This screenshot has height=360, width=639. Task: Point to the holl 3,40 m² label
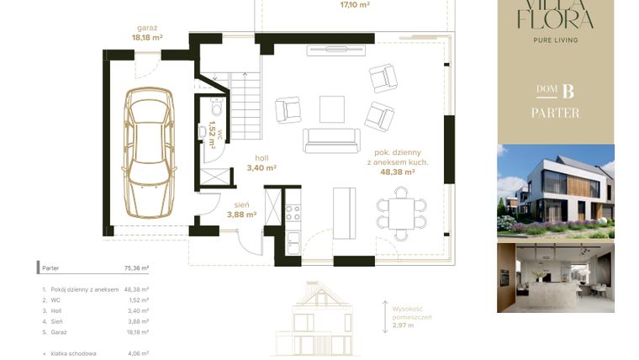pyautogui.click(x=261, y=162)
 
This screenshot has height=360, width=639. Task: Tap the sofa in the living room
pyautogui.click(x=330, y=140)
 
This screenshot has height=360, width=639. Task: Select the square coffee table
pyautogui.click(x=331, y=109)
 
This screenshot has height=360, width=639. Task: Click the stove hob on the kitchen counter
pyautogui.click(x=293, y=212)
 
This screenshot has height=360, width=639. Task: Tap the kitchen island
pyautogui.click(x=345, y=213)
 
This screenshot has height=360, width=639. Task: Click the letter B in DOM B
pyautogui.click(x=568, y=91)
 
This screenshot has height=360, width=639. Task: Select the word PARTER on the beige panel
pyautogui.click(x=555, y=113)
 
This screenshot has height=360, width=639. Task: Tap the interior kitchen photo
pyautogui.click(x=555, y=278)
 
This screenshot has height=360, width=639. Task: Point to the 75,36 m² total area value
pyautogui.click(x=136, y=268)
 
